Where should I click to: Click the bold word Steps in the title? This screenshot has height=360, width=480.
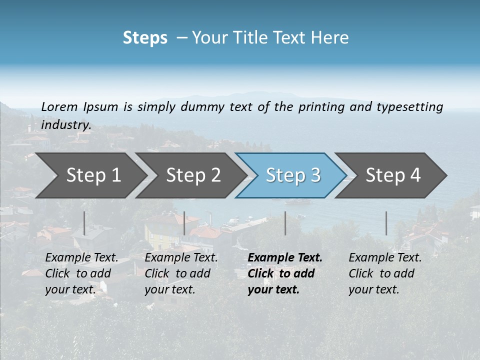tap(145, 38)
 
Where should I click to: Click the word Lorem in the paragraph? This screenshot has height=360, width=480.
tap(59, 106)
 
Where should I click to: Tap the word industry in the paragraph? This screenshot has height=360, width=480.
tap(65, 124)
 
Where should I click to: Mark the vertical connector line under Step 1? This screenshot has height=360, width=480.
tap(84, 223)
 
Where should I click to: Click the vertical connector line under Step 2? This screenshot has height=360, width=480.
tap(184, 223)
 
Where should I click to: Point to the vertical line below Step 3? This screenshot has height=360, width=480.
tap(285, 223)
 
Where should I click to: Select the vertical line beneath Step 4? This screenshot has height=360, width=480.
tap(386, 223)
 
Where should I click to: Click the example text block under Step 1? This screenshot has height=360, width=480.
tap(81, 273)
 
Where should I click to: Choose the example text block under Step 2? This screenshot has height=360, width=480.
tap(181, 273)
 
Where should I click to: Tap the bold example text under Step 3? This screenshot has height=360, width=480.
tap(284, 273)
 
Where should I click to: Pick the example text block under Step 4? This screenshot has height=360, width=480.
tap(384, 273)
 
